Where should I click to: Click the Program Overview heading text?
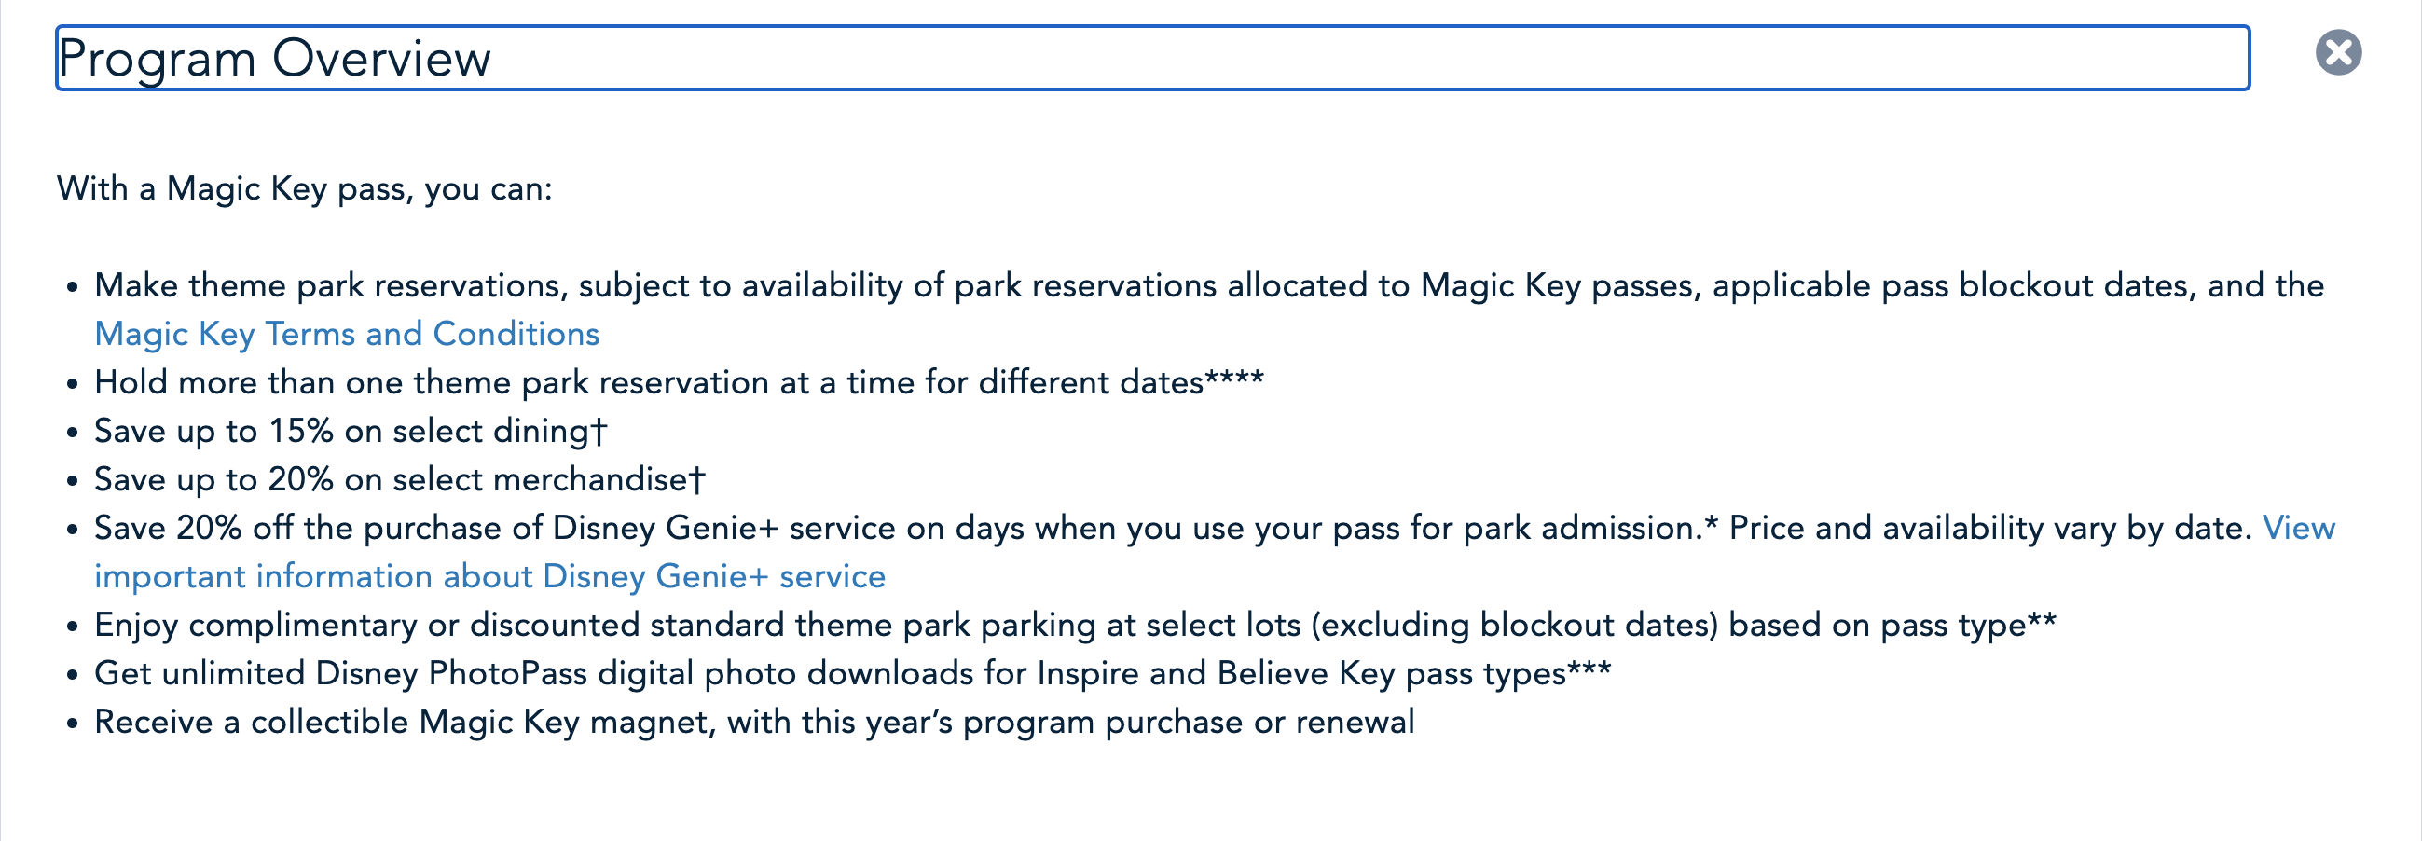tap(273, 59)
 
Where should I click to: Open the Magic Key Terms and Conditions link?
tap(347, 334)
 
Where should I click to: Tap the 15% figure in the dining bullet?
tap(301, 431)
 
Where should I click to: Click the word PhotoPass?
tap(508, 673)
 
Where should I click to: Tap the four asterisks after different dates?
tap(1234, 379)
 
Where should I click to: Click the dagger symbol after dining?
tap(599, 431)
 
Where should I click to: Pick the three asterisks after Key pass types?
tap(1589, 669)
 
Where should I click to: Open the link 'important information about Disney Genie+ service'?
tap(489, 576)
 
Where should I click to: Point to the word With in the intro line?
tap(92, 188)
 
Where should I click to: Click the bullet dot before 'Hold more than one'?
tap(73, 384)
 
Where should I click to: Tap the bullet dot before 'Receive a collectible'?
tap(73, 724)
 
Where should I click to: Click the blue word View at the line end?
tap(2298, 528)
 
